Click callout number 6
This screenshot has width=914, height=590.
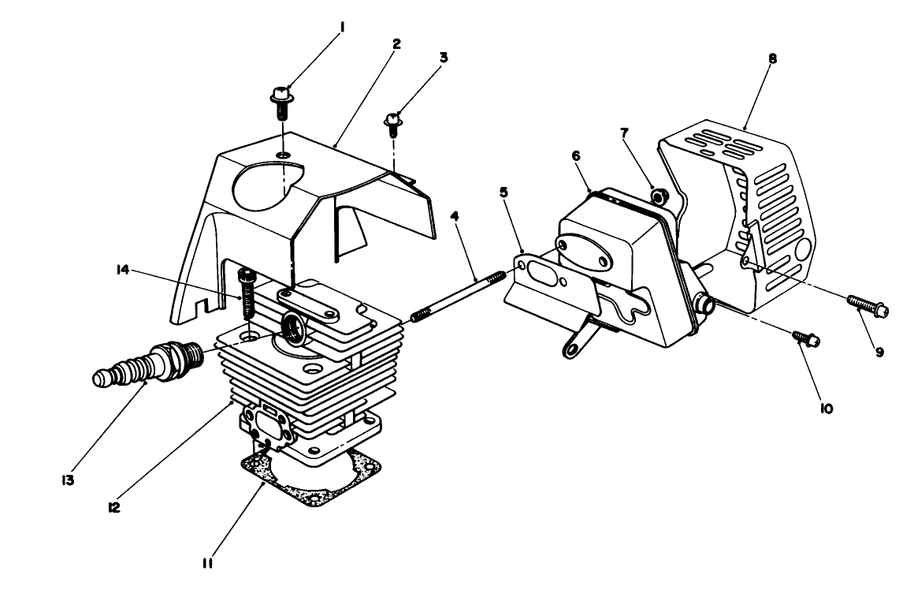576,157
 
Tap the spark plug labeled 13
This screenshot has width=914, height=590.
150,365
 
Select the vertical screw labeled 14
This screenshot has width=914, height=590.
246,291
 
